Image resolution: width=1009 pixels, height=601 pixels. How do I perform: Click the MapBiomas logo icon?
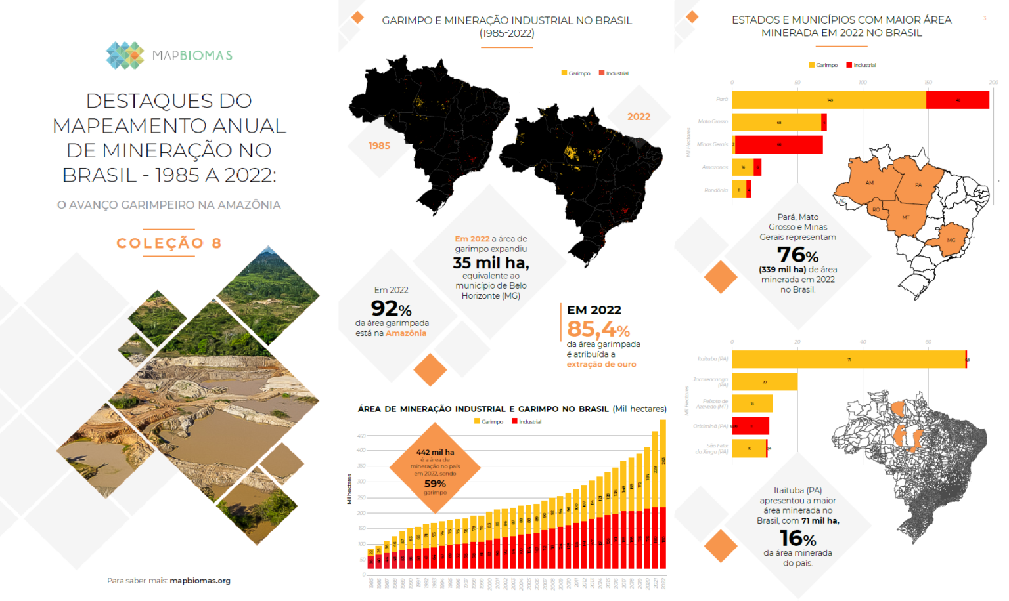tap(125, 56)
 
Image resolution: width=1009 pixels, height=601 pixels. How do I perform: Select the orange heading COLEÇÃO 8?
tap(169, 243)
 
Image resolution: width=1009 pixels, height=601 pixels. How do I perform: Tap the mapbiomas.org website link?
tap(200, 581)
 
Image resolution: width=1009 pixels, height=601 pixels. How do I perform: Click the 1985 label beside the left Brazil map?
tap(379, 146)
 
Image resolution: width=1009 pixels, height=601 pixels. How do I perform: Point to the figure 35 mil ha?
tap(491, 263)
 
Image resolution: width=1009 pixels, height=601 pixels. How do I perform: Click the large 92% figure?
tap(391, 308)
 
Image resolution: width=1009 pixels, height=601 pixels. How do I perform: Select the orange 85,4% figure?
tap(598, 329)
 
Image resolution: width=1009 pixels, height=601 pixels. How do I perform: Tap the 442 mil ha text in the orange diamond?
tap(435, 452)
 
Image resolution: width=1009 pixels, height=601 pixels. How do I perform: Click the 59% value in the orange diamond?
tap(435, 484)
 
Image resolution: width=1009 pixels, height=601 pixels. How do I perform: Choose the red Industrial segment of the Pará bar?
tap(958, 100)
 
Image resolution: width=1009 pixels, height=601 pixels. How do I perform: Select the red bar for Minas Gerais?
tap(779, 144)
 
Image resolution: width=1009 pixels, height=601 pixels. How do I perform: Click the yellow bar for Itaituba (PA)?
tap(848, 360)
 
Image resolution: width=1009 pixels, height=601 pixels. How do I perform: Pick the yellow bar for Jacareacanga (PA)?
tap(765, 382)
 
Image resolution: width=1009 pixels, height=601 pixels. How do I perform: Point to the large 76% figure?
tap(797, 255)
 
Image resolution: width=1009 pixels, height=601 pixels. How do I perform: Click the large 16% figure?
tap(797, 539)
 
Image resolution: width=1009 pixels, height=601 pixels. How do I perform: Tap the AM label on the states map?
tap(869, 183)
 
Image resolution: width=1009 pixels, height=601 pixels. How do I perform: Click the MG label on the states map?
tap(951, 240)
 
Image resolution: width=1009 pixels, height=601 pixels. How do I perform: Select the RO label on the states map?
tap(876, 210)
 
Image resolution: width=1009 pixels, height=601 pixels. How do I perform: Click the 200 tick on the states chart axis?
tap(993, 83)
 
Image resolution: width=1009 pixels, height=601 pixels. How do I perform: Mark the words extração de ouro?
tap(601, 365)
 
